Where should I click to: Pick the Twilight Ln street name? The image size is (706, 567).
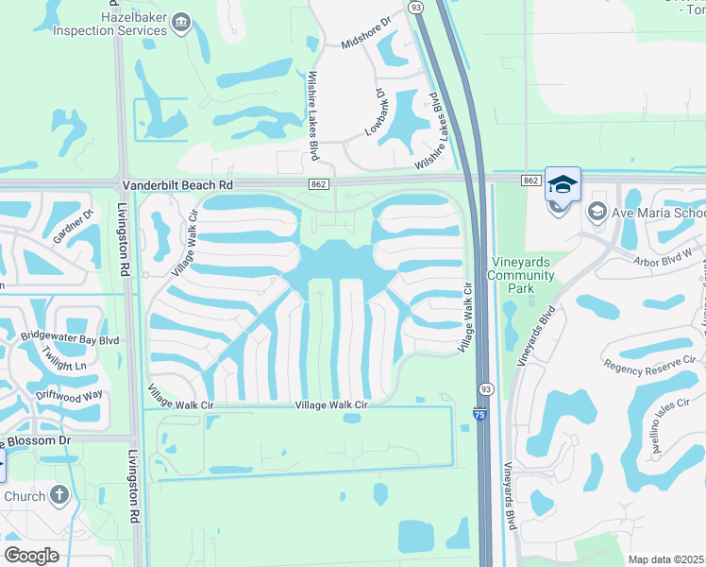(63, 357)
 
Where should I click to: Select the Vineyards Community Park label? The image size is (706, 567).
(521, 275)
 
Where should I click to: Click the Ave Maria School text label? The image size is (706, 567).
(656, 212)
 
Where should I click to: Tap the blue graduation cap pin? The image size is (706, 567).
(563, 184)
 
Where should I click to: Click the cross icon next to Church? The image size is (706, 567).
(59, 495)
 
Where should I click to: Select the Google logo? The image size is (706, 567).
(31, 555)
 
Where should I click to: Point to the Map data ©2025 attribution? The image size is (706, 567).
(666, 559)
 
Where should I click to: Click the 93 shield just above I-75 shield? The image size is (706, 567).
(484, 389)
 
